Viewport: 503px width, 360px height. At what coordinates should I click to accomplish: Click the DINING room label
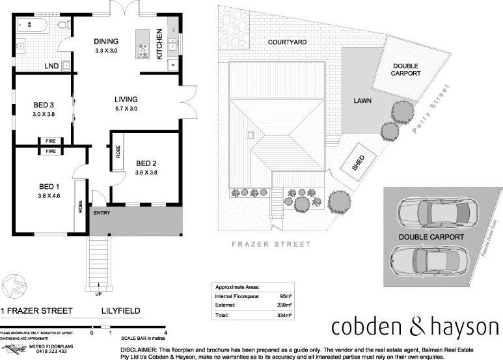tap(105, 41)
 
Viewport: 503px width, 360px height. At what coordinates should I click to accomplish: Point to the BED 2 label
tap(146, 163)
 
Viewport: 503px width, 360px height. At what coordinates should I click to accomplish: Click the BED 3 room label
tap(43, 105)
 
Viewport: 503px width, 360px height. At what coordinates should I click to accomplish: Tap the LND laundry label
tap(51, 66)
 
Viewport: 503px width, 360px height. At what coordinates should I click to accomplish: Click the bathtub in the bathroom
tap(31, 26)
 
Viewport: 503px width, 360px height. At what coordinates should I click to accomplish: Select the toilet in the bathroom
tap(63, 25)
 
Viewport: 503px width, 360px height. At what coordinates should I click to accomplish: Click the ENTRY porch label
tap(102, 213)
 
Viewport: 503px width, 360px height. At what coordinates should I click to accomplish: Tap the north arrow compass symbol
tap(14, 284)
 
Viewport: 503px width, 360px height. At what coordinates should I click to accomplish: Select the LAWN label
tap(362, 101)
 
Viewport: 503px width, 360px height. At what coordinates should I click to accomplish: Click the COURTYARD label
tap(287, 42)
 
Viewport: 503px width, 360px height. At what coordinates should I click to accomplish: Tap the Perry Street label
tap(431, 108)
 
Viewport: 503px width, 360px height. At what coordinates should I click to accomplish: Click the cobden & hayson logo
tap(414, 326)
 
